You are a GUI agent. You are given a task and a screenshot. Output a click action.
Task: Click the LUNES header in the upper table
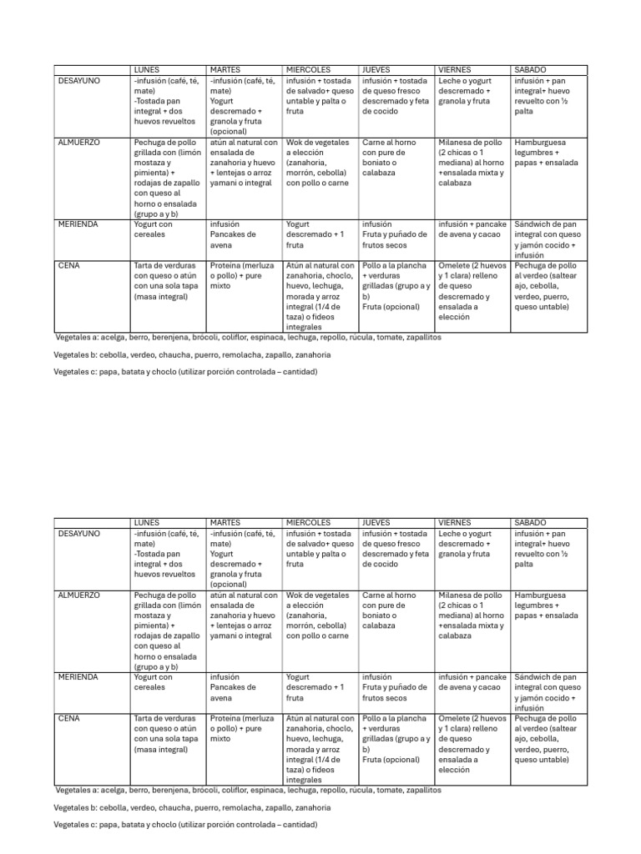pyautogui.click(x=147, y=69)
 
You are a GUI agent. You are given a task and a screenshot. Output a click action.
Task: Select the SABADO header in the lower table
pyautogui.click(x=531, y=522)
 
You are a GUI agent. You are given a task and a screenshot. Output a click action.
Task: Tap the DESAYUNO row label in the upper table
pyautogui.click(x=78, y=80)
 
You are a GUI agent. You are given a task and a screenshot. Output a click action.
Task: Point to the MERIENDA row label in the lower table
pyautogui.click(x=78, y=677)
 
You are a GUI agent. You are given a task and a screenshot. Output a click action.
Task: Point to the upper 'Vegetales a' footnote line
pyautogui.click(x=247, y=338)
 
